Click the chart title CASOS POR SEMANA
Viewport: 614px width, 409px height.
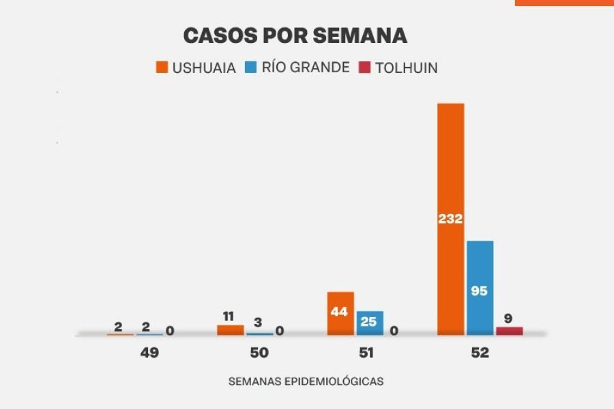(x=295, y=35)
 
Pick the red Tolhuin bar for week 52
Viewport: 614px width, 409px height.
(x=509, y=331)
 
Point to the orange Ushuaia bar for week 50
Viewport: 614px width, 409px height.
(x=230, y=330)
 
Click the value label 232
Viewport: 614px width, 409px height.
(x=450, y=219)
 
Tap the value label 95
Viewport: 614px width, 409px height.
(x=480, y=291)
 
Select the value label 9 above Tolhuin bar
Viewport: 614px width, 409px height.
(x=509, y=318)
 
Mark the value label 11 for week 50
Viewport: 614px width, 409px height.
(x=229, y=316)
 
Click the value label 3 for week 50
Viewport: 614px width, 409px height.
(x=258, y=322)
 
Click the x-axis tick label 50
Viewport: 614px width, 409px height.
(x=259, y=353)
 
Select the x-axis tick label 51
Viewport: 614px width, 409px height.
(x=368, y=353)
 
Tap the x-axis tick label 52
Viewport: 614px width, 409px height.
(x=478, y=353)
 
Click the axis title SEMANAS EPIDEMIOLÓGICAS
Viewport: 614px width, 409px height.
(x=306, y=382)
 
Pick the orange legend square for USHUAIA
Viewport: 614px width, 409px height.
(x=162, y=67)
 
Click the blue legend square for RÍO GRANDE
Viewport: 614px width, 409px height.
(x=250, y=67)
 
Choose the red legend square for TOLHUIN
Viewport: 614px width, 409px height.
(x=364, y=67)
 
